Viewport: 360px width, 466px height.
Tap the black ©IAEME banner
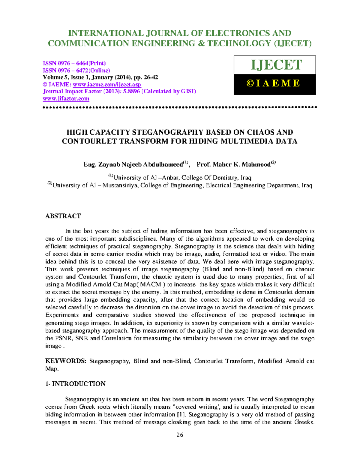[x=274, y=84]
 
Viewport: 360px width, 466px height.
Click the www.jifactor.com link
[x=66, y=99]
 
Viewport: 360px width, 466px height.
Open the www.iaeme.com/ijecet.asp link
[x=107, y=85]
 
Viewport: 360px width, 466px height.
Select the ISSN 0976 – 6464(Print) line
[x=74, y=63]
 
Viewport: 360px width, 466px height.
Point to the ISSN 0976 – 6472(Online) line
[x=76, y=71]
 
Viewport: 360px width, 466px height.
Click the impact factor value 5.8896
[x=130, y=92]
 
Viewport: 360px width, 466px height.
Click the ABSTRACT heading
[x=63, y=216]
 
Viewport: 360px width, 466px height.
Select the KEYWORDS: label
[x=66, y=361]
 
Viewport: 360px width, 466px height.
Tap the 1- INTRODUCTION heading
[x=75, y=384]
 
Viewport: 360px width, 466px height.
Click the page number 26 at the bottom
[x=180, y=435]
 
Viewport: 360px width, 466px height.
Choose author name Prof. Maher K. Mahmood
[x=233, y=164]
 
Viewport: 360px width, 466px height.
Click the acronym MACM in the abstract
[x=151, y=284]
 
